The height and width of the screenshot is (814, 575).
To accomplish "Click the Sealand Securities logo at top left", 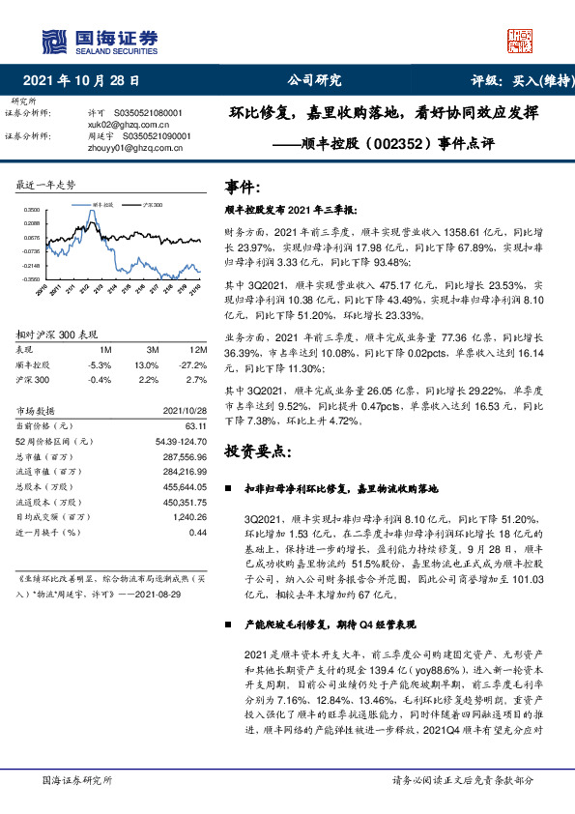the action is (x=98, y=40).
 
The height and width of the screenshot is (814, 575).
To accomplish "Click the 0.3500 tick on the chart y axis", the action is (x=32, y=210).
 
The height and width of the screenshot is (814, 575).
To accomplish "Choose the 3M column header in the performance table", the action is (x=153, y=350).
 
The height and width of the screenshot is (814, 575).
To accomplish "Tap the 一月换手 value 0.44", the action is (x=198, y=532).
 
